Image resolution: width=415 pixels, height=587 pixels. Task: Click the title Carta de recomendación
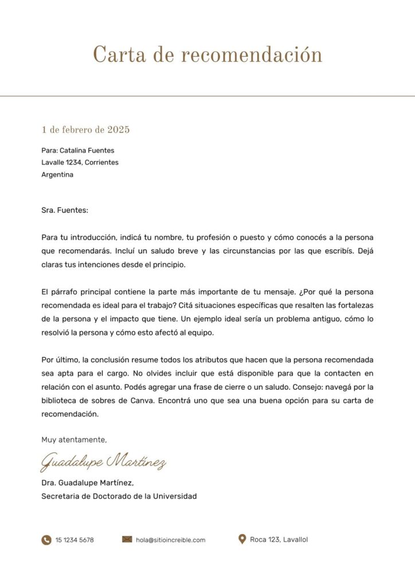(207, 55)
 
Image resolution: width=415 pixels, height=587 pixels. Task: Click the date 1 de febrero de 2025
(85, 130)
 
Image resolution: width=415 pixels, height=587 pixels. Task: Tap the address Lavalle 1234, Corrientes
(80, 162)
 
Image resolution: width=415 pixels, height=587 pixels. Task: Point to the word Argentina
(57, 174)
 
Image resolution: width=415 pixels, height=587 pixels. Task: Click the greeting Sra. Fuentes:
(65, 210)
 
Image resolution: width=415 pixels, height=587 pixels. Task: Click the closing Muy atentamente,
(74, 440)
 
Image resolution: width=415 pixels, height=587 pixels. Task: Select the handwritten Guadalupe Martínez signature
(104, 461)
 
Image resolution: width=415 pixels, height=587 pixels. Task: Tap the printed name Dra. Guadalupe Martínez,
(87, 483)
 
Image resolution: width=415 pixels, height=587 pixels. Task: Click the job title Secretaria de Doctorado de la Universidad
(119, 496)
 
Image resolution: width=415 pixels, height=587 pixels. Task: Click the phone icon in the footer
(46, 540)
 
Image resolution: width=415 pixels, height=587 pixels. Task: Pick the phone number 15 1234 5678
(75, 540)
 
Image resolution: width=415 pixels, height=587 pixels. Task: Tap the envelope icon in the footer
(127, 539)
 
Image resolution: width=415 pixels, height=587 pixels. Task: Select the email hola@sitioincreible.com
(170, 540)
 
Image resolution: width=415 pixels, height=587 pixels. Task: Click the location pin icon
(242, 539)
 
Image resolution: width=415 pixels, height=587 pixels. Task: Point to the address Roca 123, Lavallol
(279, 539)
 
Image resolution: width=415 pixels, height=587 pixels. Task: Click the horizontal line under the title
(207, 96)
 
